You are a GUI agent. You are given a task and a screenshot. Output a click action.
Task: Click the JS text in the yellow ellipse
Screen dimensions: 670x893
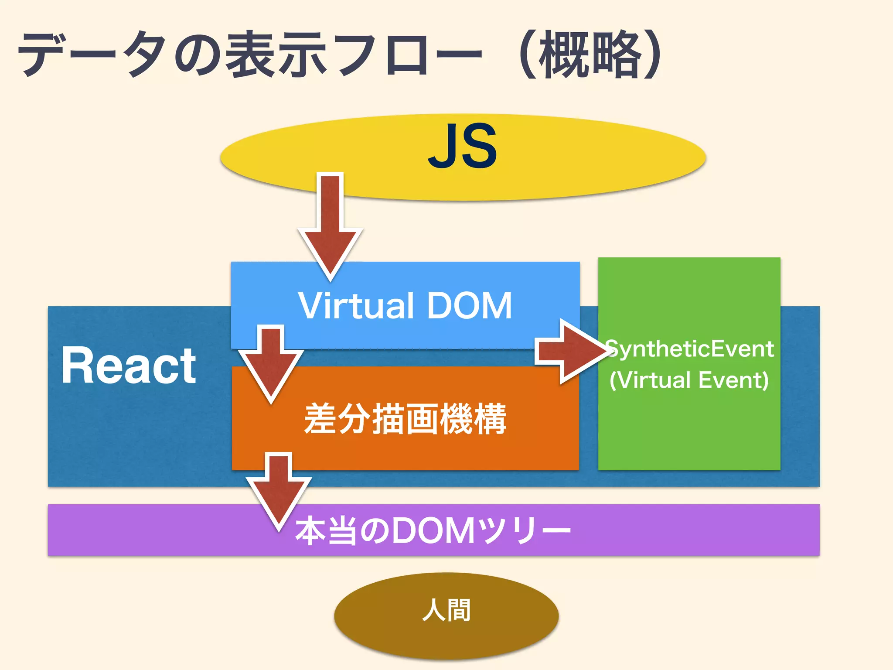[x=462, y=146]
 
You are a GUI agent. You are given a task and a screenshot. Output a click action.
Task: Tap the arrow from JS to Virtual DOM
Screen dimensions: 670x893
[x=331, y=227]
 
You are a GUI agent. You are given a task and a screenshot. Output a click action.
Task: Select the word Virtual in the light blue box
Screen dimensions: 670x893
[x=355, y=305]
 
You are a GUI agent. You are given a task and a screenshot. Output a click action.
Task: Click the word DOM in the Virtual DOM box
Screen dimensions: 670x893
[x=469, y=305]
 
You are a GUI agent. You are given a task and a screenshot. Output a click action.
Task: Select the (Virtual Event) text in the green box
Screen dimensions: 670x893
[x=689, y=380]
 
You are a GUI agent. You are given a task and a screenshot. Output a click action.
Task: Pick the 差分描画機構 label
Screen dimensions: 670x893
[x=405, y=419]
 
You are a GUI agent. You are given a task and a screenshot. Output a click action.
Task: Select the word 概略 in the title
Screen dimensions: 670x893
[x=591, y=55]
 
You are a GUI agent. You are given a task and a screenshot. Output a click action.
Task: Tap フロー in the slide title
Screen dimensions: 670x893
[x=408, y=55]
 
